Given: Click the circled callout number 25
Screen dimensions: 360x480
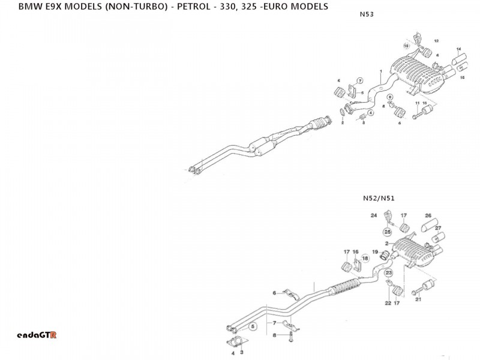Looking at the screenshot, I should click(388, 232).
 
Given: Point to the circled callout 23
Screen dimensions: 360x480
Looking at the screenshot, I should click(388, 273).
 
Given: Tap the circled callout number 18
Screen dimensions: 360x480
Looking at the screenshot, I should click(365, 257).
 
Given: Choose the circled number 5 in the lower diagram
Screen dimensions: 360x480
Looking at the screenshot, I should click(253, 326).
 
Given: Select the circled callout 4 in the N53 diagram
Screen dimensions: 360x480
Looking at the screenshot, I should click(371, 112).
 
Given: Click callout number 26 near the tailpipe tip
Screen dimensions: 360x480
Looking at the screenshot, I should click(428, 215).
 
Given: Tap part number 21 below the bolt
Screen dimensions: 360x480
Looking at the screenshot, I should click(418, 299).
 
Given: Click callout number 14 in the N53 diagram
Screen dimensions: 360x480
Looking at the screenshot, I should click(458, 48).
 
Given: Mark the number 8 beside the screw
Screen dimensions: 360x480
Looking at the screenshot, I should click(274, 335).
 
